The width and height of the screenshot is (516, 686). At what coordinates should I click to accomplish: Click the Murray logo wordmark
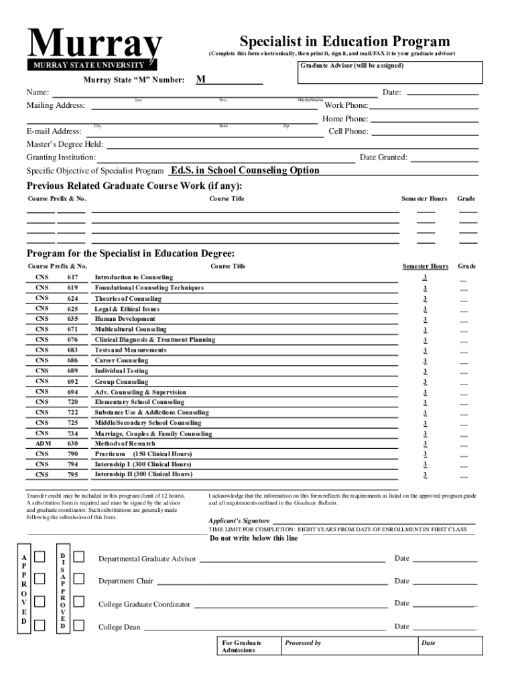click(94, 44)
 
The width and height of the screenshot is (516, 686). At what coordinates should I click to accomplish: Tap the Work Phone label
click(346, 106)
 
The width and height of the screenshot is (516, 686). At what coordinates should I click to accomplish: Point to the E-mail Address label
click(54, 131)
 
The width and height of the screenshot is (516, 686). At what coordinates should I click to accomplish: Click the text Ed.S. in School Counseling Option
click(245, 170)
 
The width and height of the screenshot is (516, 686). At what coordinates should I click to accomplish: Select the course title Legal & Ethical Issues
click(127, 309)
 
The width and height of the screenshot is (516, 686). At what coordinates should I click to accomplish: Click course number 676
click(72, 340)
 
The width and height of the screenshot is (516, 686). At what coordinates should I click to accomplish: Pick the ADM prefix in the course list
click(42, 443)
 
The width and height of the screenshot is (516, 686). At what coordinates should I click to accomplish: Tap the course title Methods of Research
click(125, 443)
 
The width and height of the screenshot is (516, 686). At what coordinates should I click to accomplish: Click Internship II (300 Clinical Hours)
click(143, 474)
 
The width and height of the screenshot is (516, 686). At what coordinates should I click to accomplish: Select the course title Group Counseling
click(121, 382)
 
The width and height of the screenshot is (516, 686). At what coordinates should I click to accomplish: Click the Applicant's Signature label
click(239, 521)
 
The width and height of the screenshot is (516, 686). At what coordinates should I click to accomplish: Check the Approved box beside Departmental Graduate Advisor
click(40, 557)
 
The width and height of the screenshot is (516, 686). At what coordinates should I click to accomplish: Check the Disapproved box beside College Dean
click(79, 626)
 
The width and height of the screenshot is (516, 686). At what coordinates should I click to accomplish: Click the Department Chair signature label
click(126, 581)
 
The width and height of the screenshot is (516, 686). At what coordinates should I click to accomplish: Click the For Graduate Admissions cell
click(242, 646)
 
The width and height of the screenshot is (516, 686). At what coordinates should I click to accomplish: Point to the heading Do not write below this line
click(254, 538)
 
